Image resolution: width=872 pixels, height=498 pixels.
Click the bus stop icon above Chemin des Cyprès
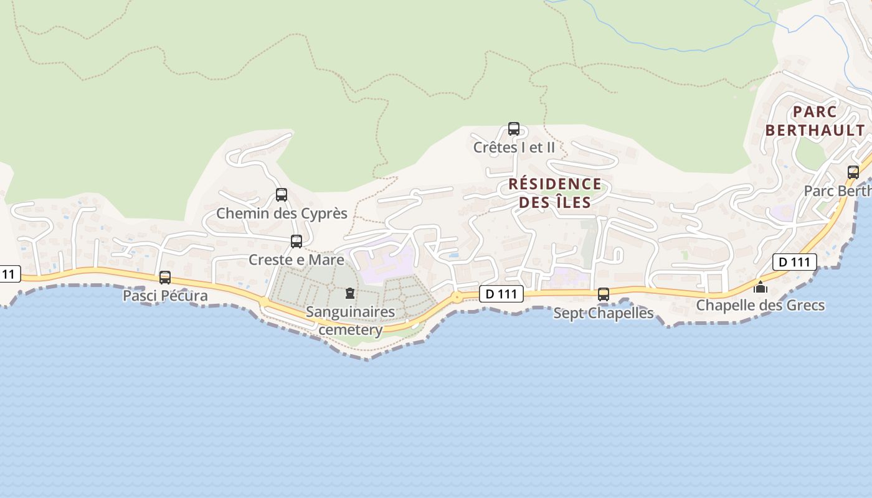tap(282, 195)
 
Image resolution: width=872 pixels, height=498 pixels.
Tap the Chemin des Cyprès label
tap(282, 214)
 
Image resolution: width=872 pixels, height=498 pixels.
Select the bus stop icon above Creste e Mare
tap(296, 242)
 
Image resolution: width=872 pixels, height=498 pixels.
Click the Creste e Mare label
tap(296, 260)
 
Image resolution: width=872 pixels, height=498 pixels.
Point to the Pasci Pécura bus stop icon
tap(165, 278)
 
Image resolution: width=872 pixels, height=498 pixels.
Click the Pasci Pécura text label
tap(165, 296)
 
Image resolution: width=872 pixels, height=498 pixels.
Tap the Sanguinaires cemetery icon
tap(350, 293)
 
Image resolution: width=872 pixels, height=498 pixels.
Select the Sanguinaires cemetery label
tap(350, 321)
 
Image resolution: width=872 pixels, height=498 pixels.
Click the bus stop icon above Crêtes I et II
tap(514, 129)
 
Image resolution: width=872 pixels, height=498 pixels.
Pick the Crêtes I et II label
tap(514, 148)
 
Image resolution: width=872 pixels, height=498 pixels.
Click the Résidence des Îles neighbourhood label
tap(555, 193)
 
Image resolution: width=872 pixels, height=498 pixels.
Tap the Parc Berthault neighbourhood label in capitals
tap(815, 121)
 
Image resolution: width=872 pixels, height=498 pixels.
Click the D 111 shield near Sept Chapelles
tap(501, 294)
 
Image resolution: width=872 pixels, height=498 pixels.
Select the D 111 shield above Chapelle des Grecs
tap(794, 262)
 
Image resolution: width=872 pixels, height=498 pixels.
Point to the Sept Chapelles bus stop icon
tap(604, 294)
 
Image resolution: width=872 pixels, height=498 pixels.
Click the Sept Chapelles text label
tap(604, 313)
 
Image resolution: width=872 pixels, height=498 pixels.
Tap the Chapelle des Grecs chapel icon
tap(760, 287)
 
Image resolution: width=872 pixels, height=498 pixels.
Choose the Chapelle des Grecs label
tap(760, 305)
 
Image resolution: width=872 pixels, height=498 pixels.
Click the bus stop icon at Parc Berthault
tap(853, 172)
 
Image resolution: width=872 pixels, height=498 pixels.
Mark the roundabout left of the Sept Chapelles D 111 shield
tap(458, 297)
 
